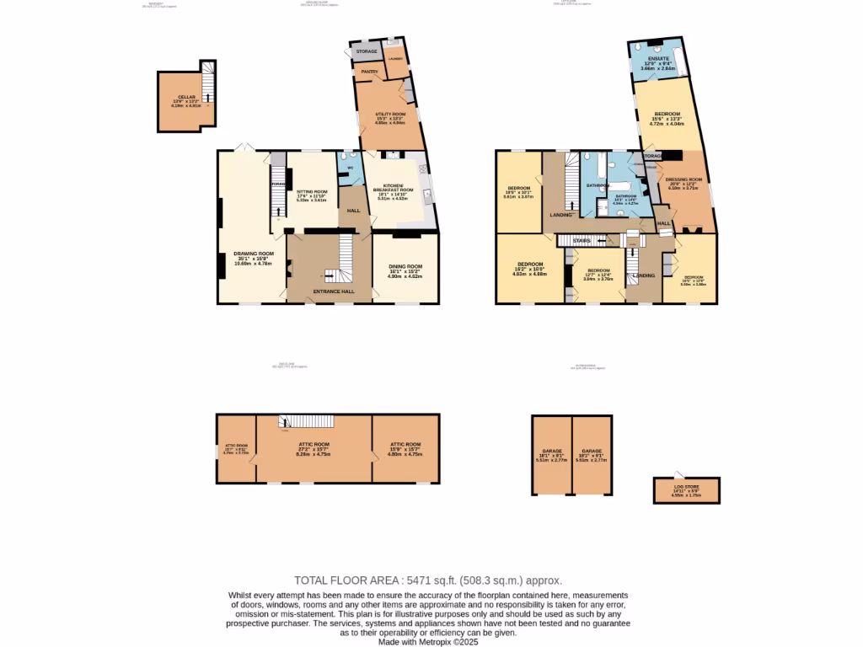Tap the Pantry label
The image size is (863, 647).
[x=369, y=72]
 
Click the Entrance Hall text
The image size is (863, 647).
[x=334, y=291]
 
